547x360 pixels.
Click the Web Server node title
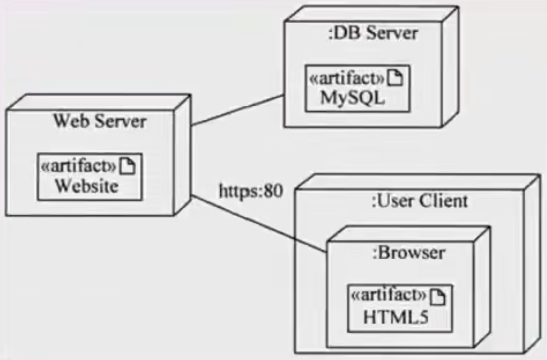tap(100, 121)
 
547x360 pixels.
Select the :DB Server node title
tap(373, 33)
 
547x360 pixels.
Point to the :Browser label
tap(408, 253)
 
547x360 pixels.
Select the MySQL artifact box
tap(357, 88)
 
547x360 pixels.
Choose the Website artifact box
tap(88, 176)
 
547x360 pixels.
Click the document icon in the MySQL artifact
tap(396, 78)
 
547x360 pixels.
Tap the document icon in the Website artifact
tap(128, 166)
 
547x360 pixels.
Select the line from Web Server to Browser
tap(258, 223)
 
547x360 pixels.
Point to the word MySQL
tap(352, 97)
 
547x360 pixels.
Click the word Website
tap(86, 185)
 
